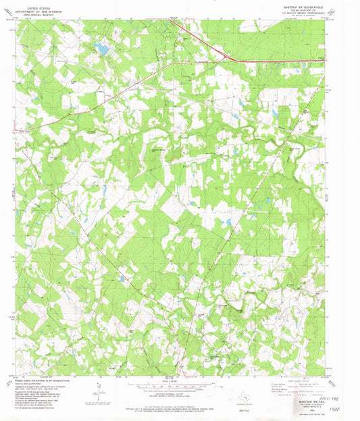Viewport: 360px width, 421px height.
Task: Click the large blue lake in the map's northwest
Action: click(x=101, y=48)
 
